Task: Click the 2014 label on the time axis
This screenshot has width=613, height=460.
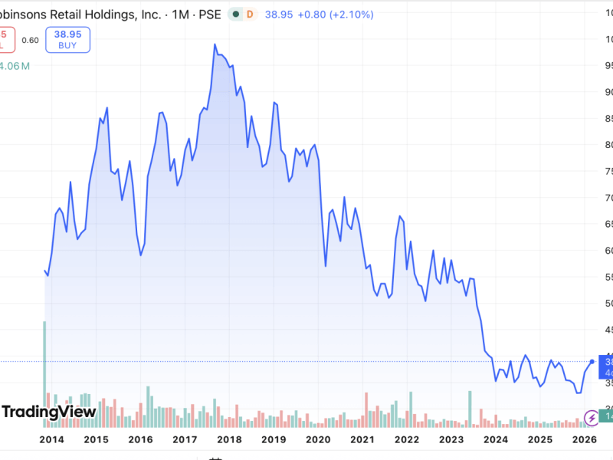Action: (51, 439)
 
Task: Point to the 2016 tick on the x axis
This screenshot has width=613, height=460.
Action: (140, 439)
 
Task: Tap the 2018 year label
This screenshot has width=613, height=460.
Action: (229, 439)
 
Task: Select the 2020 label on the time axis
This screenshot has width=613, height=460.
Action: (318, 439)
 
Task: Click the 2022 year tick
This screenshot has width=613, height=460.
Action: (407, 439)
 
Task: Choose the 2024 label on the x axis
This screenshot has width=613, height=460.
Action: (496, 439)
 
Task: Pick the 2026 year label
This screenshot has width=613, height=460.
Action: (584, 439)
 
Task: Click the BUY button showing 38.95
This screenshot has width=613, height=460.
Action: (67, 40)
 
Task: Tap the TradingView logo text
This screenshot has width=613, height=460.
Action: (49, 412)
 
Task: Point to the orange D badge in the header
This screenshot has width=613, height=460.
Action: (249, 14)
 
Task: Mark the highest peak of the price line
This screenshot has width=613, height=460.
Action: (215, 44)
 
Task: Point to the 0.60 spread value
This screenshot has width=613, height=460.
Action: (30, 40)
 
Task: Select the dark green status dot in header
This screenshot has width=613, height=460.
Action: (235, 14)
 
